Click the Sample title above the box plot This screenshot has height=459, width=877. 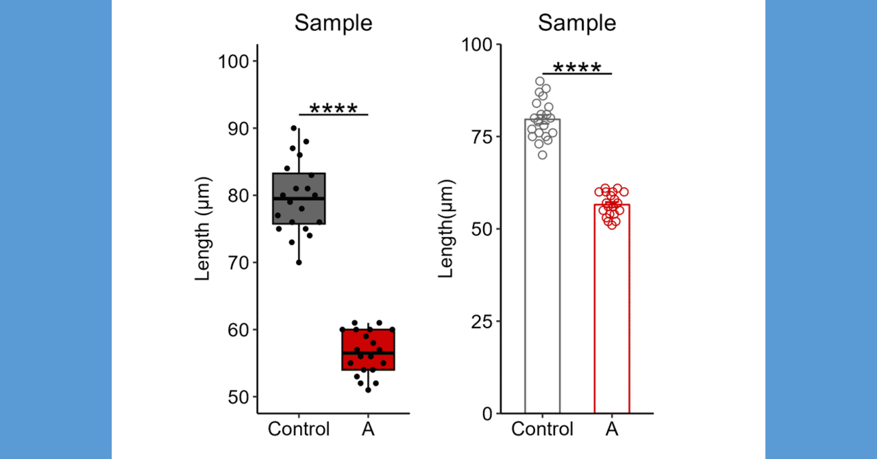(333, 23)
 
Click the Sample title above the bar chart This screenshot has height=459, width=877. (577, 23)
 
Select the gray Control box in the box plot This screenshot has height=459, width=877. (299, 199)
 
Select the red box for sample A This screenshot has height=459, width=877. (368, 349)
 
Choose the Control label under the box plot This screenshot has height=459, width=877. (299, 430)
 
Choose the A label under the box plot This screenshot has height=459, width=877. (368, 430)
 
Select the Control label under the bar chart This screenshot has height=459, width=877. (542, 430)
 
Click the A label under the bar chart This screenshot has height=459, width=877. (612, 430)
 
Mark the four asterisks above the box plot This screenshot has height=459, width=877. (333, 110)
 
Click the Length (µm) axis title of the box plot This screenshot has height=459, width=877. (203, 229)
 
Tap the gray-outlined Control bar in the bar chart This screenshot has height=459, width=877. (542, 274)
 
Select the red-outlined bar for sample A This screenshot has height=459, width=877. (612, 315)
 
